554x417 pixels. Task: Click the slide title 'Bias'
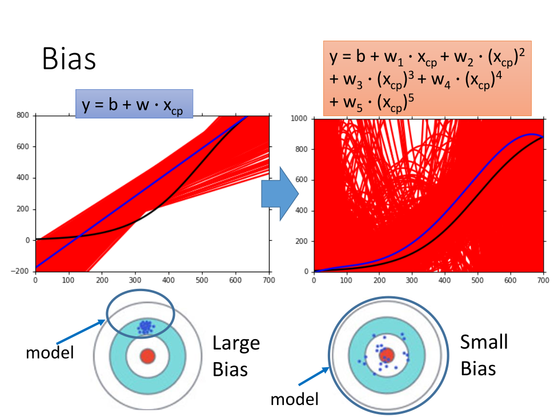[69, 59]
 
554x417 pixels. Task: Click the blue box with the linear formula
[134, 104]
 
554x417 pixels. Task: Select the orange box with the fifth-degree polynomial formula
[427, 78]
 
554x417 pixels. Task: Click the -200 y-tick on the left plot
[23, 271]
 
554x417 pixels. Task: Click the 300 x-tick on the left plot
[135, 281]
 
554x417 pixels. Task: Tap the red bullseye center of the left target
[147, 356]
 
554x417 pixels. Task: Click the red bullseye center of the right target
[387, 355]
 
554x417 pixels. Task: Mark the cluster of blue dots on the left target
[146, 327]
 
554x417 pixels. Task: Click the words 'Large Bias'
[236, 356]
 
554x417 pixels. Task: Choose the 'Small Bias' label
[484, 355]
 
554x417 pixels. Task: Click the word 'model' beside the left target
[50, 352]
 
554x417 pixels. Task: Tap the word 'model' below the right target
[295, 398]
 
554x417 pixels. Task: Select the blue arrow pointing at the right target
[313, 379]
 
